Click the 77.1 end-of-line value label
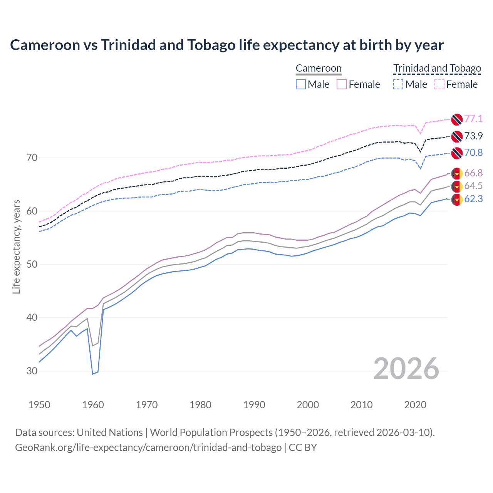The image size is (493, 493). click(473, 119)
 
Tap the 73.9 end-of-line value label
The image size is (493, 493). click(473, 136)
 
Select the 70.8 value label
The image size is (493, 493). click(473, 153)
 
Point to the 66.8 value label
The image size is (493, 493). click(473, 173)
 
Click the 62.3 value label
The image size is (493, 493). click(473, 199)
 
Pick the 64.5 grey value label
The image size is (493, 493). click(473, 186)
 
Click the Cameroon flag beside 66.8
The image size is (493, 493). click(457, 174)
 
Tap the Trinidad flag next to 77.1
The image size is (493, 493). click(457, 119)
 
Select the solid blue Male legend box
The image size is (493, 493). click(301, 84)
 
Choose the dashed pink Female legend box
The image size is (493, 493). click(439, 84)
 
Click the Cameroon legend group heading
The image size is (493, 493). click(319, 68)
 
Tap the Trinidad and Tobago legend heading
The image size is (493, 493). click(437, 68)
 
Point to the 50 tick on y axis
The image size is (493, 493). click(32, 265)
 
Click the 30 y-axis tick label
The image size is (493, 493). click(32, 371)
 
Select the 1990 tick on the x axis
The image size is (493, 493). click(254, 405)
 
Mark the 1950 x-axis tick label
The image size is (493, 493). click(39, 405)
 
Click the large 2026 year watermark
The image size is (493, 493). click(406, 369)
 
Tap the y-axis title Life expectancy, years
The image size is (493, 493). click(16, 246)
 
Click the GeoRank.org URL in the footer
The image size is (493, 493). click(148, 448)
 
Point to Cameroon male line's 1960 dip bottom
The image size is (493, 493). click(93, 374)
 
